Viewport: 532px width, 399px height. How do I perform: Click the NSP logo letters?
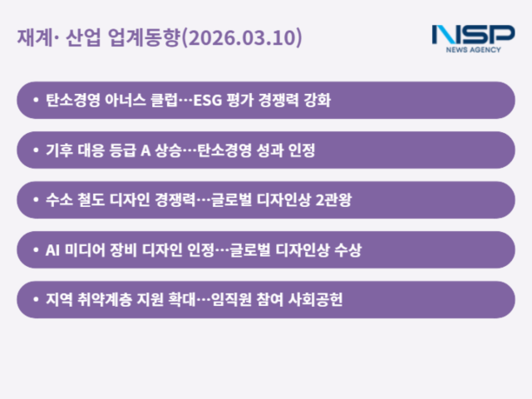(472, 35)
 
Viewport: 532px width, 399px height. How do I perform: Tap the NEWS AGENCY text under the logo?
(473, 51)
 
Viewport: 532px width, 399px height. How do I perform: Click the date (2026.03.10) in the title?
(242, 38)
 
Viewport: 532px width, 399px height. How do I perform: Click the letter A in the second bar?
(144, 150)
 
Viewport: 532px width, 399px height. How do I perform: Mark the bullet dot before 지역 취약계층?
(35, 300)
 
